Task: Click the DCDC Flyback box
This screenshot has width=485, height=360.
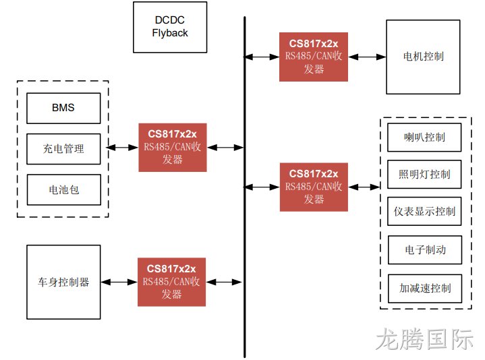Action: click(x=170, y=27)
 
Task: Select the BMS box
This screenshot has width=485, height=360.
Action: click(x=63, y=108)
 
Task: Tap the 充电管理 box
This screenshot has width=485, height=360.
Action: click(x=63, y=149)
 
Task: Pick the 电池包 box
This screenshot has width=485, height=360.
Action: click(x=63, y=189)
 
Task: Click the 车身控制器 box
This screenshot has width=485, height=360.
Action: click(x=63, y=282)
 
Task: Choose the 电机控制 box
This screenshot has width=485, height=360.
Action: click(x=423, y=57)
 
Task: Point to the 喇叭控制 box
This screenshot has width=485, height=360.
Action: click(x=424, y=138)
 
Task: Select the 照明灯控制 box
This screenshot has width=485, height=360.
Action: click(x=424, y=175)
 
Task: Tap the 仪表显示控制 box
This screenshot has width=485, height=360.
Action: click(x=424, y=212)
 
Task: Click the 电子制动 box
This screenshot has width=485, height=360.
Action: click(x=425, y=250)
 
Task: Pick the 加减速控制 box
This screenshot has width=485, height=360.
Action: click(x=425, y=289)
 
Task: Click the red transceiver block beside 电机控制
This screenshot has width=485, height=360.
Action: click(x=314, y=57)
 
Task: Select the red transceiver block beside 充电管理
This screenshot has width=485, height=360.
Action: click(x=173, y=148)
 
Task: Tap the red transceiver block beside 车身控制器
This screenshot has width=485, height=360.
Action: click(x=171, y=282)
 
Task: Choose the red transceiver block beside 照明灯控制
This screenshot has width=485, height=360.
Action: click(x=314, y=187)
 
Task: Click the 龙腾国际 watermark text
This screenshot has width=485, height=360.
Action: click(x=424, y=339)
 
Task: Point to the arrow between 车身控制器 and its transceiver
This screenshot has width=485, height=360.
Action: click(x=119, y=282)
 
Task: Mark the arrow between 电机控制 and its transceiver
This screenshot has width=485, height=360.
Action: click(x=367, y=57)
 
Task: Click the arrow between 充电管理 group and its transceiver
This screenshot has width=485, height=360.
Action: click(x=123, y=148)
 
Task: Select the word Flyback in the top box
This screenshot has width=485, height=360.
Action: click(x=170, y=33)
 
